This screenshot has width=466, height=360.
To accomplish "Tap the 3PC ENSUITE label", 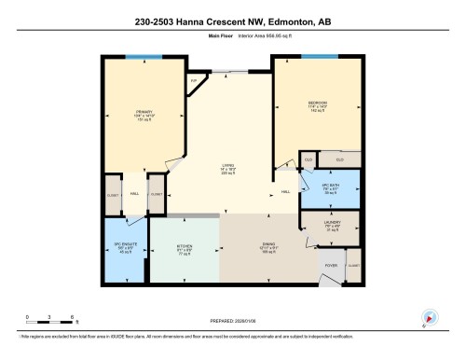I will coord(124,248).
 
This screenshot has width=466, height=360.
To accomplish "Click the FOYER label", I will coord(330,265).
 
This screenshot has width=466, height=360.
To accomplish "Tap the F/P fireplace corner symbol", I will coord(194,82).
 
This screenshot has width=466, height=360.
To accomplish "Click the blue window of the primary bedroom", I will coord(137,58).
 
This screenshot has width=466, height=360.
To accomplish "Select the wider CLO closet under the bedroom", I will coord(339,160).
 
